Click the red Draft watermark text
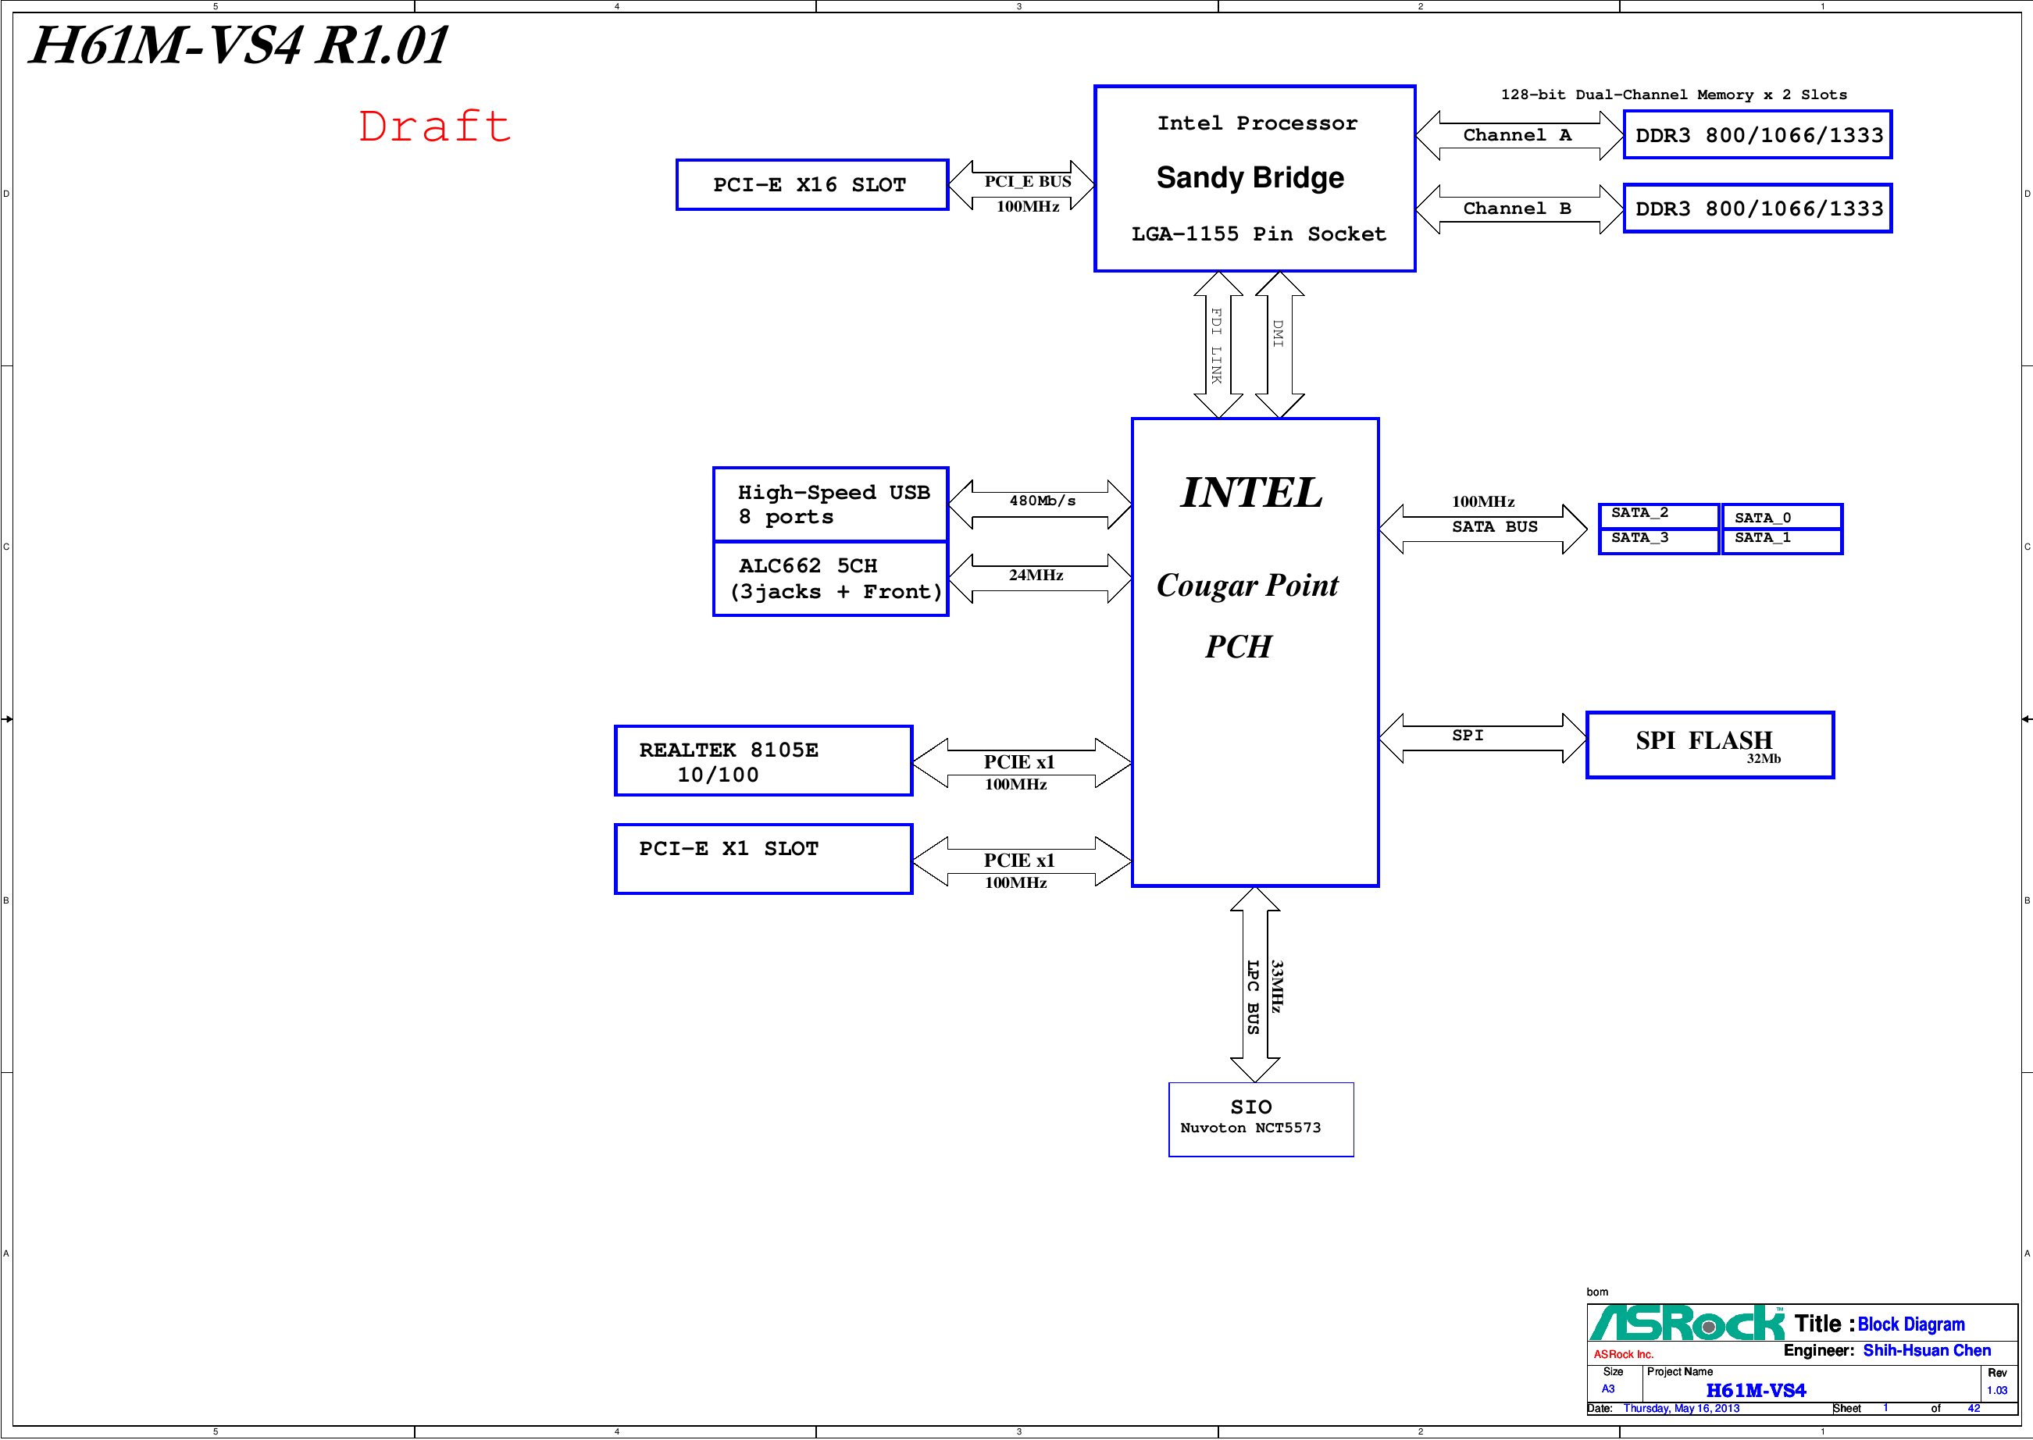coord(434,127)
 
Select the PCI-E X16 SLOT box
coord(811,185)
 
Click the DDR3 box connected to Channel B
coord(1757,209)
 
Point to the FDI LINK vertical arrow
coord(1218,345)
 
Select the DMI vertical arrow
coord(1279,345)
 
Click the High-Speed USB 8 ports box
coord(830,504)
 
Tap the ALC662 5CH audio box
coord(830,579)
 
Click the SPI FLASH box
coord(1709,745)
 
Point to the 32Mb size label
coord(1764,759)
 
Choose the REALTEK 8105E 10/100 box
coord(762,761)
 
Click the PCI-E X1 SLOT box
coord(762,859)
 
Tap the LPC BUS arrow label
coord(1253,996)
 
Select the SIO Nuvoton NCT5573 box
coord(1260,1119)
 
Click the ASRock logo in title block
coord(1685,1324)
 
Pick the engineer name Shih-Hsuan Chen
coord(1926,1350)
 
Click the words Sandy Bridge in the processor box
coord(1250,177)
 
